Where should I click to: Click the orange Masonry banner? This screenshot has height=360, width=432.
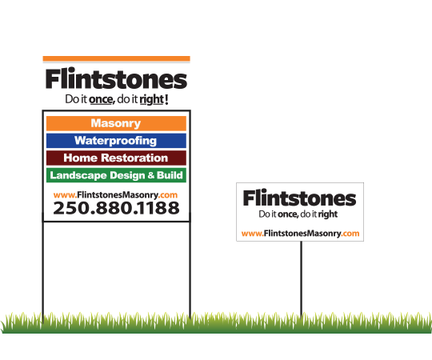116,123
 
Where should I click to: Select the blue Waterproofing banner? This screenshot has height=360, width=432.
116,141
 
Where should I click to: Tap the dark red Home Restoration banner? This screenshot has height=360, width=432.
116,158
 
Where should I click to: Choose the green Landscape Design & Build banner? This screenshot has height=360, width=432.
116,175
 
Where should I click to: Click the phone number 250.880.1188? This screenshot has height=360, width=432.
116,208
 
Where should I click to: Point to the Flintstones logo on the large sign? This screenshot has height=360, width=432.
116,78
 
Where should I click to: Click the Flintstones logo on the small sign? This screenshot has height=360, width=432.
299,198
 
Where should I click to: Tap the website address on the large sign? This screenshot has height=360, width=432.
115,195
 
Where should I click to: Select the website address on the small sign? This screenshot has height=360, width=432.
300,234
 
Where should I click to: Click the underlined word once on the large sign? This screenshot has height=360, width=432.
101,99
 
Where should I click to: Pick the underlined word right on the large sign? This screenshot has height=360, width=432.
151,99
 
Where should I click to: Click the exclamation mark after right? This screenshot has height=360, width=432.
166,99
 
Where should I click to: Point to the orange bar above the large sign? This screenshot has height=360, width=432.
116,58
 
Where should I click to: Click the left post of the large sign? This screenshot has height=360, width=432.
43,269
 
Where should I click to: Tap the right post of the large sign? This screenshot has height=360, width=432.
190,269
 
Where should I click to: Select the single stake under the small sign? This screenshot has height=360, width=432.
301,279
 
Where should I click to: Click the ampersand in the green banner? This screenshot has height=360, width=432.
150,175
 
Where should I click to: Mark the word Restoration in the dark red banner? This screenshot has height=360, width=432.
134,158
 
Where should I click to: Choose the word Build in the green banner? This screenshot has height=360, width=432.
170,175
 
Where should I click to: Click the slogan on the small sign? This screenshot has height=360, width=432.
298,214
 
